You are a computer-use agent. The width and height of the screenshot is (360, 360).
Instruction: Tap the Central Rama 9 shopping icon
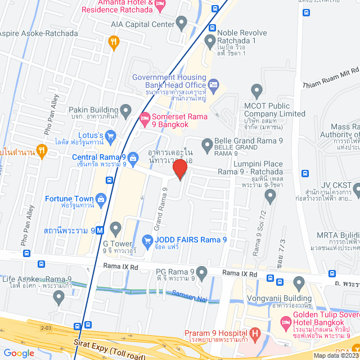[133, 157]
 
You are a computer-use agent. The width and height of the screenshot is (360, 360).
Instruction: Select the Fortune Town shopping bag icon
[101, 199]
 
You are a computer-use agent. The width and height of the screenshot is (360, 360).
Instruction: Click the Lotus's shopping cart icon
[110, 135]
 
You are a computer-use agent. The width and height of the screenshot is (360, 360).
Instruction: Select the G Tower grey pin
[115, 228]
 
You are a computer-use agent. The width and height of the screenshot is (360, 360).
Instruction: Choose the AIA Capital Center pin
[181, 24]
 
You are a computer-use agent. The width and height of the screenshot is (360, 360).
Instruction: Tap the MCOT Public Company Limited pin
[257, 90]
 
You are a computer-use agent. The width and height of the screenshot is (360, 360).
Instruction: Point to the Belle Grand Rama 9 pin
[206, 143]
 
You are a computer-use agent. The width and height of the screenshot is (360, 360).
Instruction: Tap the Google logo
[19, 353]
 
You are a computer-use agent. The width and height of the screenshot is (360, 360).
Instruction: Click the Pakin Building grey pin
[125, 109]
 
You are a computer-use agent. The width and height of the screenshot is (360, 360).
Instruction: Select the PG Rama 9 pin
[202, 272]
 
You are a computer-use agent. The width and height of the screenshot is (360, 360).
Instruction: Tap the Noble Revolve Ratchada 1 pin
[210, 39]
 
